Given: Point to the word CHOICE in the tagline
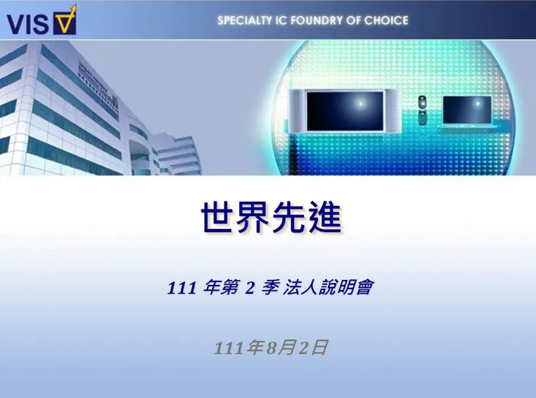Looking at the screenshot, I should pyautogui.click(x=386, y=20).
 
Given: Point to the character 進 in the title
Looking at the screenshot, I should pyautogui.click(x=323, y=217).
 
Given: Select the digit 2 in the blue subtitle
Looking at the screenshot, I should pyautogui.click(x=249, y=289).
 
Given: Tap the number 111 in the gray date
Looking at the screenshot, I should pyautogui.click(x=229, y=348).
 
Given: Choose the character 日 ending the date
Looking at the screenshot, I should pyautogui.click(x=320, y=348).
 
